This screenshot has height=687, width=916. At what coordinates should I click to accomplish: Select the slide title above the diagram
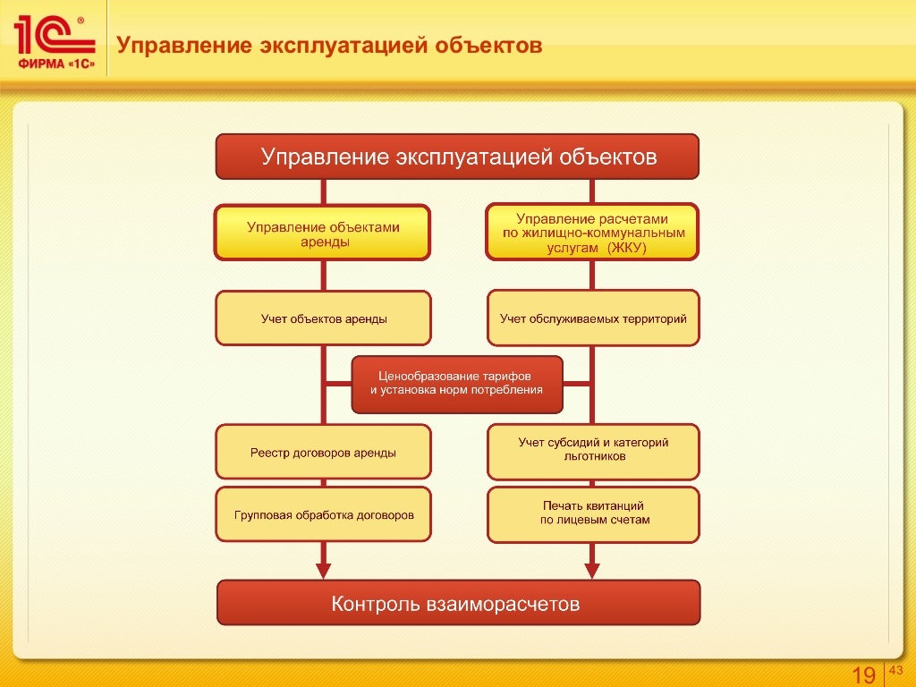(x=331, y=45)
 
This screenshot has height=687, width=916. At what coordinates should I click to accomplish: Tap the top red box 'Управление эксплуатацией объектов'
(x=457, y=157)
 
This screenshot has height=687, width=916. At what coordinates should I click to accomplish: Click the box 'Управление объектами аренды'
(x=322, y=233)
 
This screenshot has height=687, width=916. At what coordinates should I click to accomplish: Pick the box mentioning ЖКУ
(x=592, y=233)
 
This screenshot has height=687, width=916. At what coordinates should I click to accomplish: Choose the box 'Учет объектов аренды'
(x=323, y=318)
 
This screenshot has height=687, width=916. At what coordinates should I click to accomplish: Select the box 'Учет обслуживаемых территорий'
(x=593, y=318)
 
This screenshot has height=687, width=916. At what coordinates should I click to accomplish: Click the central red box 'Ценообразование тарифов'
(x=457, y=385)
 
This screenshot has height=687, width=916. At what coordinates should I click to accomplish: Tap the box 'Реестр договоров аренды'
(x=323, y=452)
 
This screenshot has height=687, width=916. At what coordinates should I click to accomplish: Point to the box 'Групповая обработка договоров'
(x=323, y=515)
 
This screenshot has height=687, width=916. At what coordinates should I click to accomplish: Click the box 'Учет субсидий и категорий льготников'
(x=593, y=450)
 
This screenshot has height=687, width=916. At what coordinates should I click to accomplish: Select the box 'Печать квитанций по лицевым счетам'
(x=593, y=513)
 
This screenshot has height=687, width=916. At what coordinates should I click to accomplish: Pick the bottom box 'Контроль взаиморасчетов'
(x=458, y=604)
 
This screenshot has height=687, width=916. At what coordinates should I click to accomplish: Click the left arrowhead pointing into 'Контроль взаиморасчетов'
(x=323, y=570)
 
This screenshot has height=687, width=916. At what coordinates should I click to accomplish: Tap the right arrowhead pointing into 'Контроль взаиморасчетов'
(x=591, y=570)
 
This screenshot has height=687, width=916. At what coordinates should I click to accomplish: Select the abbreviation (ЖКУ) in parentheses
(x=627, y=248)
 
